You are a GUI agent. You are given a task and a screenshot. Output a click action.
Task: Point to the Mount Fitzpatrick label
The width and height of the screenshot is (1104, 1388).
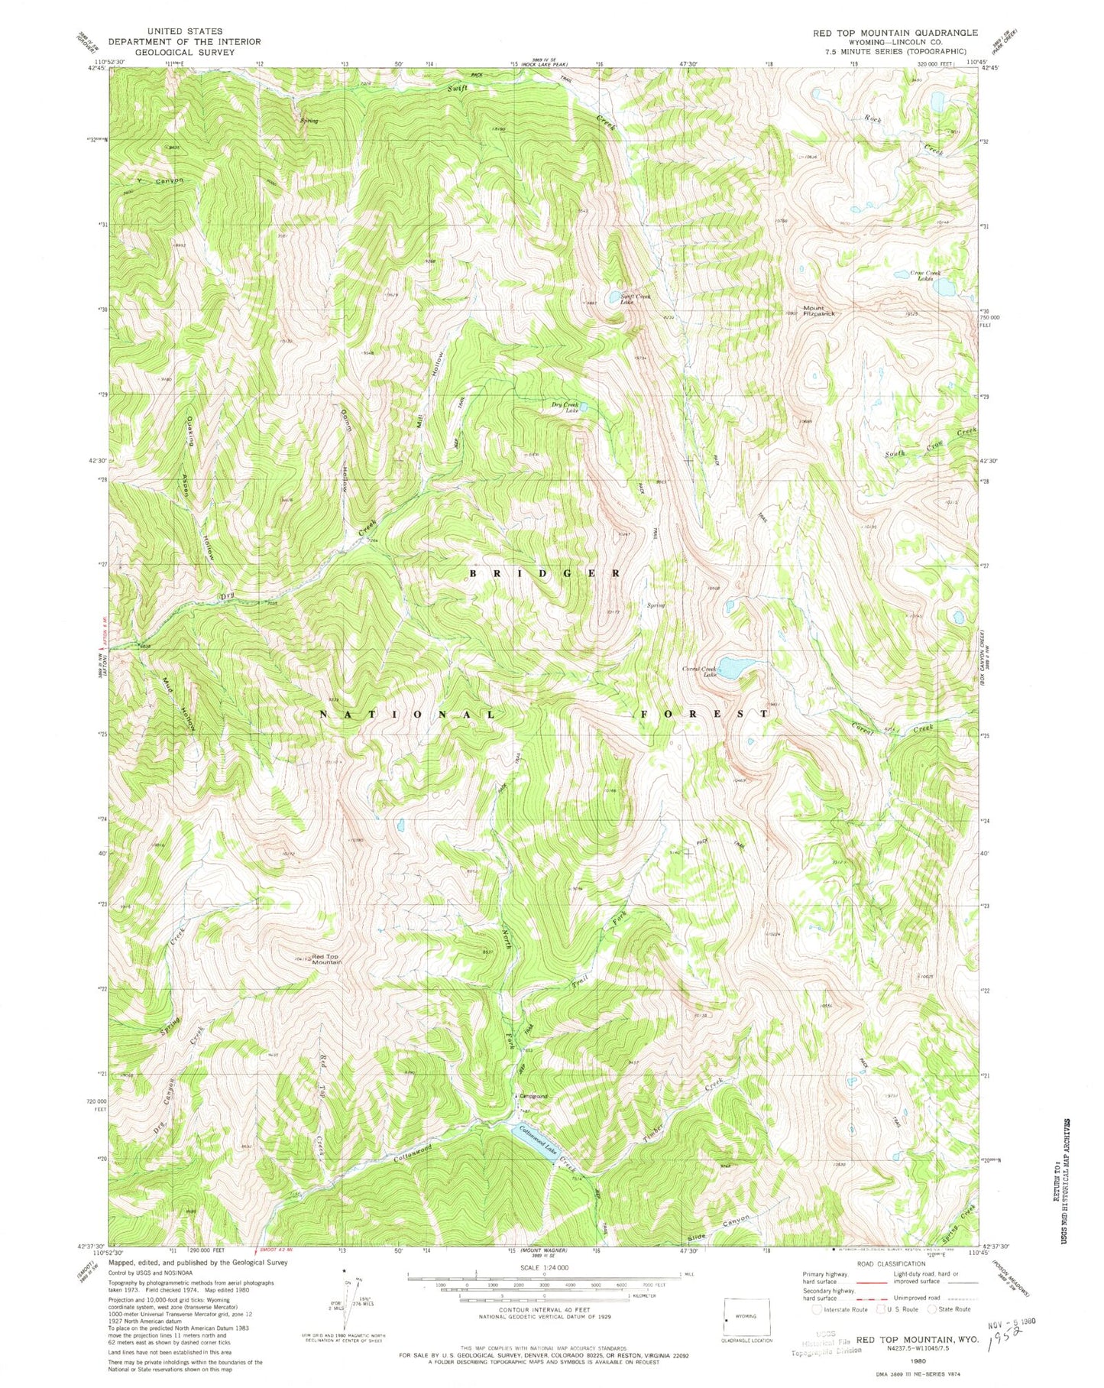point(817,310)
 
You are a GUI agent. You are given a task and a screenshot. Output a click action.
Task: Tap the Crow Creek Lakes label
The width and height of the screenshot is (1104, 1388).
point(924,275)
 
